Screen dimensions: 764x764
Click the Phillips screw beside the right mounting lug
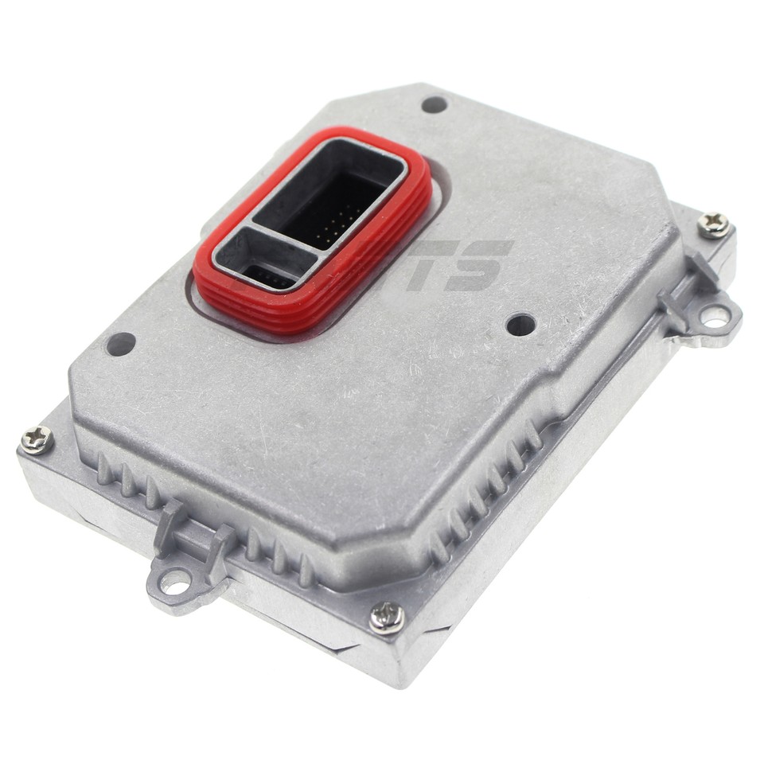[x=714, y=225]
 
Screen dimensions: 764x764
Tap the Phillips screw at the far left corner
[x=36, y=439]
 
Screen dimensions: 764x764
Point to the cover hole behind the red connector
[x=434, y=104]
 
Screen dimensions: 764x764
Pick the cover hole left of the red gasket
[x=121, y=344]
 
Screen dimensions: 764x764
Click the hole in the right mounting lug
[x=714, y=317]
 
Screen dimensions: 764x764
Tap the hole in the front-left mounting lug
[x=174, y=582]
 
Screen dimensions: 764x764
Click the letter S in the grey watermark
[x=477, y=265]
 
